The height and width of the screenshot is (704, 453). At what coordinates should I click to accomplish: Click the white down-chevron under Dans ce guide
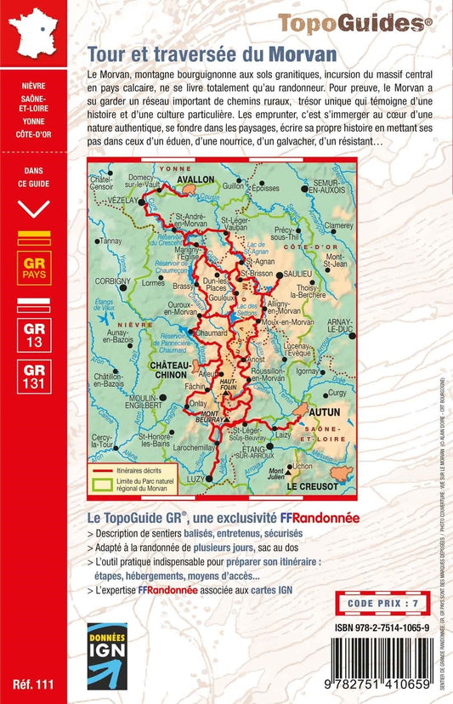point(34,208)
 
